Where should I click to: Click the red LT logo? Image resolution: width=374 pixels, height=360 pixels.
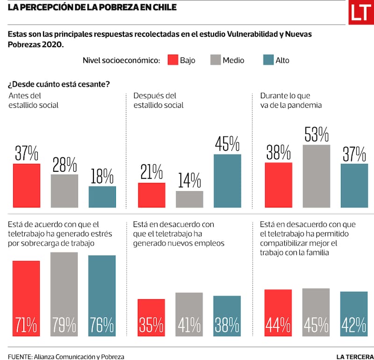pyautogui.click(x=361, y=13)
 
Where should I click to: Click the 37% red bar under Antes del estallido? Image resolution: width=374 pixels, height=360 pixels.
pyautogui.click(x=27, y=185)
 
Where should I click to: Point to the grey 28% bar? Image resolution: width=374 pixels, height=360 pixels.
pyautogui.click(x=65, y=191)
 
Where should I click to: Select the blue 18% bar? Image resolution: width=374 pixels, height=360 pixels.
pyautogui.click(x=102, y=197)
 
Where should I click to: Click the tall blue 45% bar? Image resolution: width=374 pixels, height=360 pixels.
pyautogui.click(x=227, y=181)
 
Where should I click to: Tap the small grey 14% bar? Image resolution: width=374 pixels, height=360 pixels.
pyautogui.click(x=189, y=199)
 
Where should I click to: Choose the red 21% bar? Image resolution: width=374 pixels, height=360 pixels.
pyautogui.click(x=151, y=195)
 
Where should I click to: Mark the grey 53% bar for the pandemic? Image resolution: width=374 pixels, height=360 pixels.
pyautogui.click(x=316, y=176)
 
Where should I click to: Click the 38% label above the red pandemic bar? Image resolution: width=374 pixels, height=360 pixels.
pyautogui.click(x=279, y=153)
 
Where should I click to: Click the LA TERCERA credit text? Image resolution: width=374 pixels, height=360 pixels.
pyautogui.click(x=355, y=356)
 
